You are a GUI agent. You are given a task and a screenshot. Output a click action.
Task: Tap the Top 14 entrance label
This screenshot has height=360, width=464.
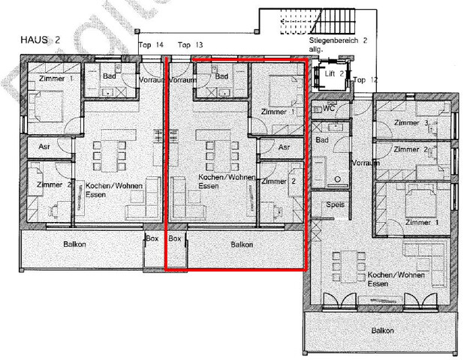(152, 45)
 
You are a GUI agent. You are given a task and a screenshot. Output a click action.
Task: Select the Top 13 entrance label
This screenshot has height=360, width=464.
(191, 45)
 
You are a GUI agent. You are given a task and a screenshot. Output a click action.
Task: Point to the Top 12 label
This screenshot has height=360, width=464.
(366, 79)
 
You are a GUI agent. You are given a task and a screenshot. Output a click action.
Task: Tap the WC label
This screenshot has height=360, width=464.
(329, 109)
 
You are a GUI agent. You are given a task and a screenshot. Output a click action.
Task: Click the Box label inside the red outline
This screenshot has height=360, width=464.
(176, 238)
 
